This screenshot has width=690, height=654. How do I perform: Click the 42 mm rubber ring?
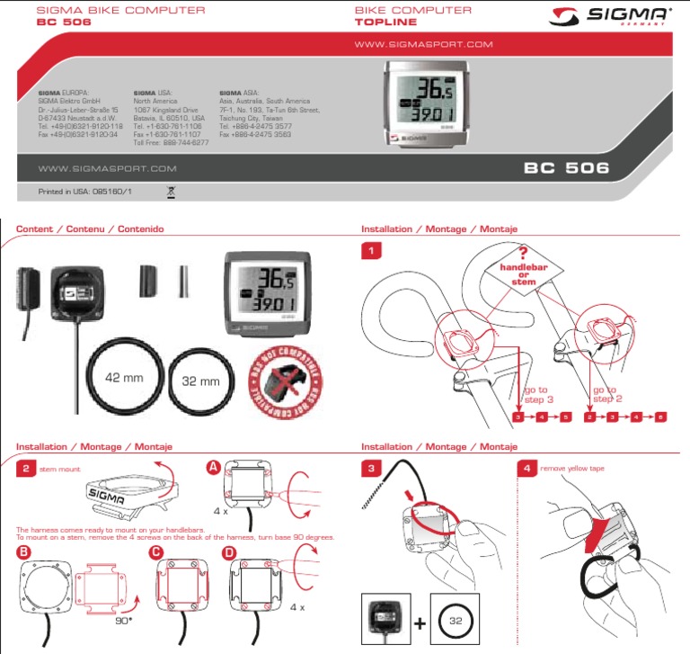pos(125,378)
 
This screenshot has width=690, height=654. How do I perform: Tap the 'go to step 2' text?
pos(605,394)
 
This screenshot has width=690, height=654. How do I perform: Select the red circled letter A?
pos(213,467)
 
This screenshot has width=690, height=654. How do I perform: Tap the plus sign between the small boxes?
pos(420,622)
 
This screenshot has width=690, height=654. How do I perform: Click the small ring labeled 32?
pos(456,621)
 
